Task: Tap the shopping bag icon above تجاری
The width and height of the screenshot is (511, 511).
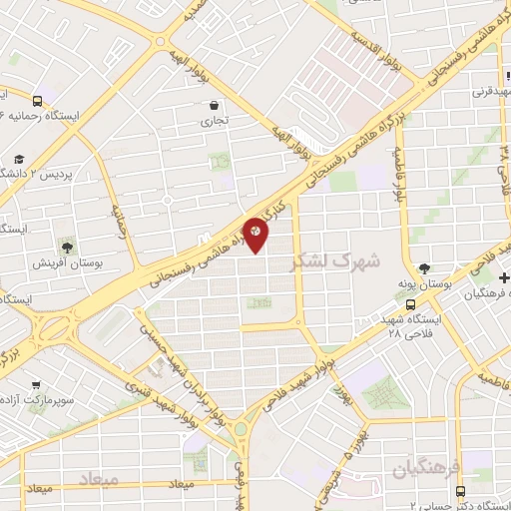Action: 214,105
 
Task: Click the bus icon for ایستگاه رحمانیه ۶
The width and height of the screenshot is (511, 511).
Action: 37,101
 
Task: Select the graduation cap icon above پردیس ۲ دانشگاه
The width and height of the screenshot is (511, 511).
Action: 19,160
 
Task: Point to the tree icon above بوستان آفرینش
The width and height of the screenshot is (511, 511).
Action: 68,246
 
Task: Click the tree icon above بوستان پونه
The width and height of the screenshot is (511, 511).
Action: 425,268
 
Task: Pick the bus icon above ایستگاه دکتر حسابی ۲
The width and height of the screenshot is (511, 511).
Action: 460,491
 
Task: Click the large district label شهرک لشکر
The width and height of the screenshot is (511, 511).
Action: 335,262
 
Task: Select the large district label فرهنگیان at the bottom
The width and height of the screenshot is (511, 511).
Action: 425,467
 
